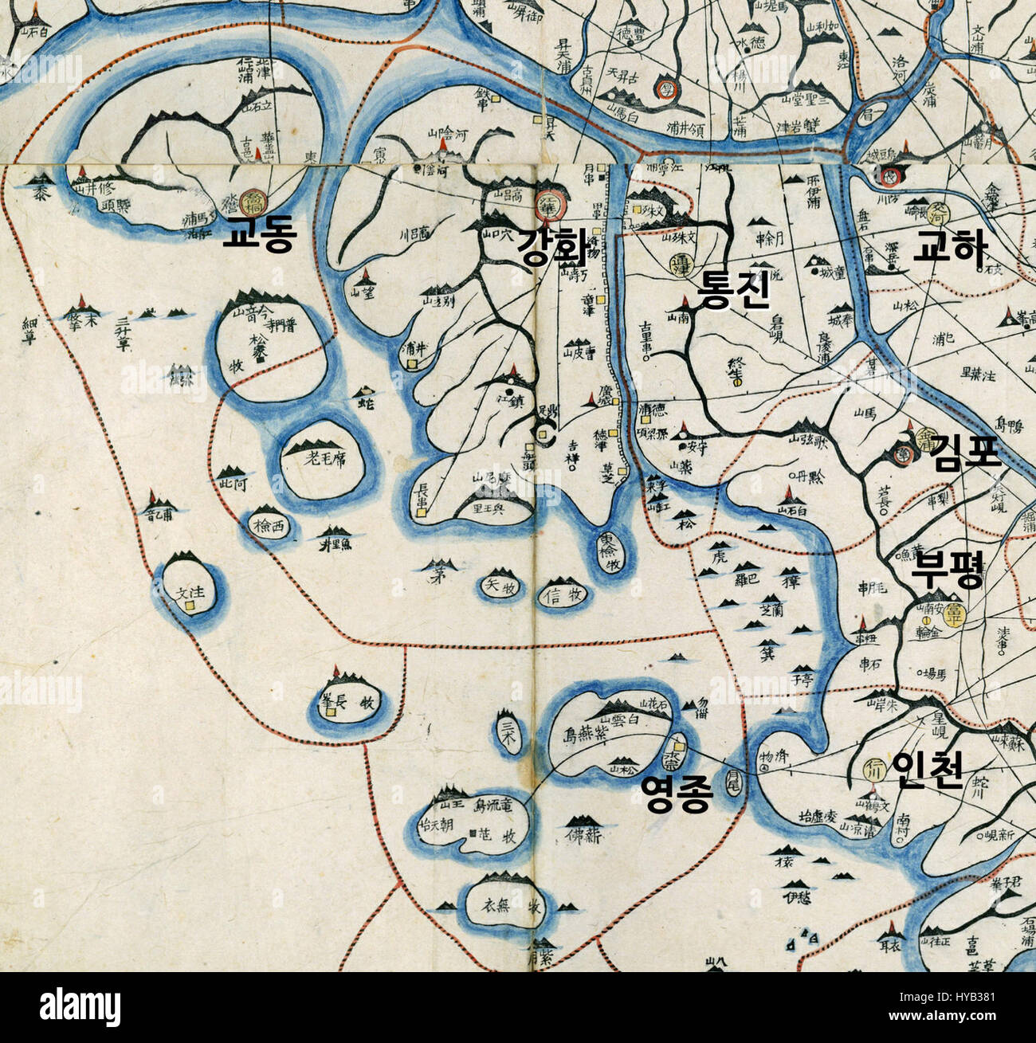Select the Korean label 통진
733,291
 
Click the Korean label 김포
965,454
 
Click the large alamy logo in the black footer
80,1006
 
